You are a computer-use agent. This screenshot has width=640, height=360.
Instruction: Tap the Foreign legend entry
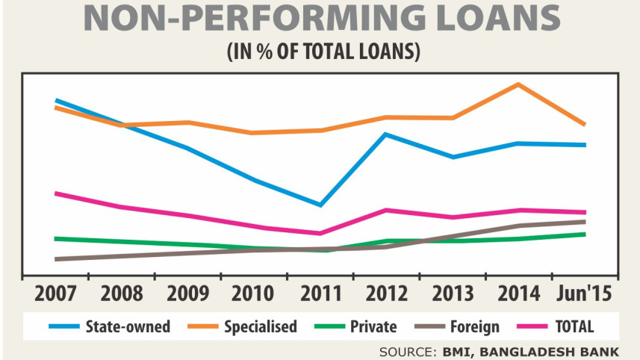pos(473,326)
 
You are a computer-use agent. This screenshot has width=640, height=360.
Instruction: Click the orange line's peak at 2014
pos(518,84)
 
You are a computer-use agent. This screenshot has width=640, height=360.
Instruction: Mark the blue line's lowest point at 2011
pos(320,205)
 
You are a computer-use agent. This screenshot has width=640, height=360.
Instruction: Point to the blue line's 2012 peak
pos(385,134)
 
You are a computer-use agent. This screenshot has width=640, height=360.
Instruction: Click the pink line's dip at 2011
pos(320,233)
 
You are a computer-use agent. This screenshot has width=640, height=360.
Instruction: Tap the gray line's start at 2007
pos(57,259)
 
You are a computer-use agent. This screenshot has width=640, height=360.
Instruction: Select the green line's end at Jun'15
pos(584,234)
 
